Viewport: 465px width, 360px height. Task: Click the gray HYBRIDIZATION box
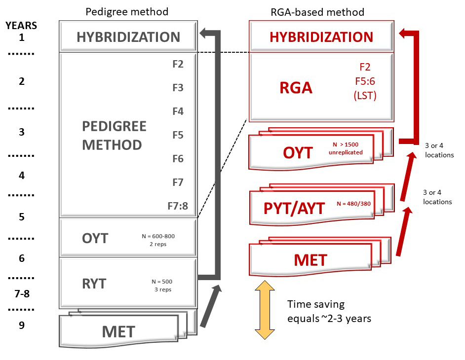coord(128,36)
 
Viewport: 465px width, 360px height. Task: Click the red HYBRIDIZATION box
coord(321,36)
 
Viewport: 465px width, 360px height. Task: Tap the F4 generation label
coord(178,111)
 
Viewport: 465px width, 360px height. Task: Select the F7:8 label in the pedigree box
coord(178,206)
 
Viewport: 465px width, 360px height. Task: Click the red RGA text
coord(297,88)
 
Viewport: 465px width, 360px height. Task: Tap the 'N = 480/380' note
coord(353,203)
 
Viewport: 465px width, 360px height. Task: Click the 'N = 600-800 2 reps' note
coord(158,240)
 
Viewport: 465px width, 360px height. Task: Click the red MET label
coord(311,260)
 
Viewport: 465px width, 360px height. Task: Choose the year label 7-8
coord(22,294)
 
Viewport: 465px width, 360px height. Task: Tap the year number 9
coord(22,325)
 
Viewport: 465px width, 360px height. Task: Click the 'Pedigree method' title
coord(127,11)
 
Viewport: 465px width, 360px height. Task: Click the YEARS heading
coord(21,26)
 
